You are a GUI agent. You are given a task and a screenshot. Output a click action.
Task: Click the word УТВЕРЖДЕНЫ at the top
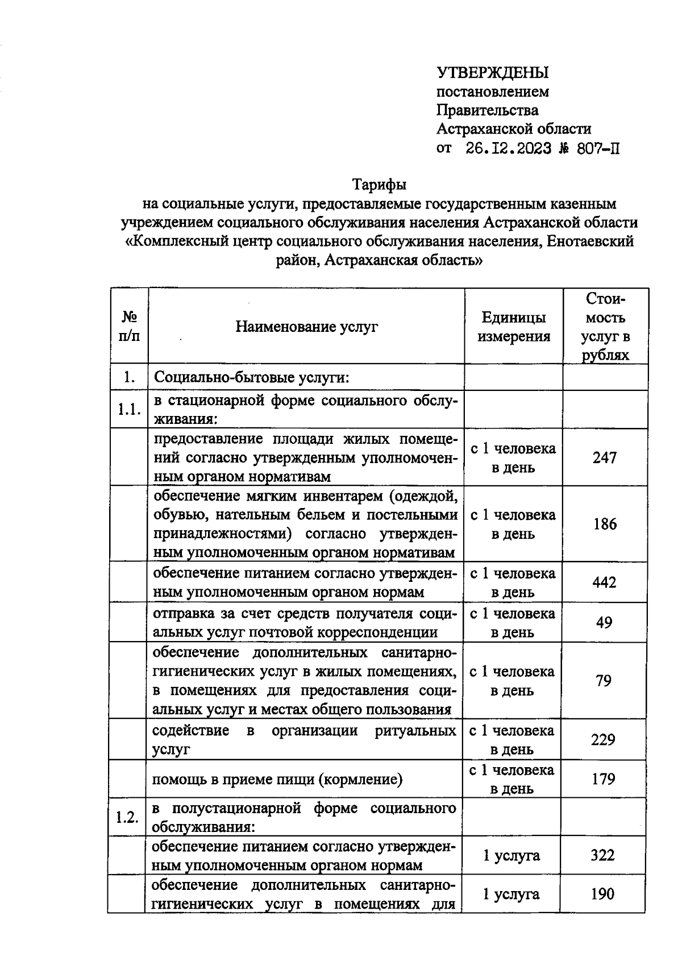492,73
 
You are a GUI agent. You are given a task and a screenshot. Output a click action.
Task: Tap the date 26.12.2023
508,149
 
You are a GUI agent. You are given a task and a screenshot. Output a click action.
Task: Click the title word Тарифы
379,185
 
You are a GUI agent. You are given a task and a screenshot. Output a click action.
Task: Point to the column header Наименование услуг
306,327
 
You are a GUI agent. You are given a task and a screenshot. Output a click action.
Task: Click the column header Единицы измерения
513,327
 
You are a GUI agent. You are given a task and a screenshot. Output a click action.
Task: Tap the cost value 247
604,457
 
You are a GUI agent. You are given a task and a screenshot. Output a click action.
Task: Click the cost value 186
604,524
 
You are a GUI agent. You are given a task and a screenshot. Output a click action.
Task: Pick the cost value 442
604,582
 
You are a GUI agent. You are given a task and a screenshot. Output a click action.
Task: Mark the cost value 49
604,623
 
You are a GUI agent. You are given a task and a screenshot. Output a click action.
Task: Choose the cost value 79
604,681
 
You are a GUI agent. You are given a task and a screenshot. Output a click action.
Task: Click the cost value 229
603,739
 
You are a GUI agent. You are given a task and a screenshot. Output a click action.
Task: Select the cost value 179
603,779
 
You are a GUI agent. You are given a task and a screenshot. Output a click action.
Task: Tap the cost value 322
602,855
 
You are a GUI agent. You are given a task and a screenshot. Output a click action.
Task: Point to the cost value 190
602,894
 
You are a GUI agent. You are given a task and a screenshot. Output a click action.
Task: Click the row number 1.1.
128,409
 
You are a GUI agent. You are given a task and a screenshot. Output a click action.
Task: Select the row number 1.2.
127,817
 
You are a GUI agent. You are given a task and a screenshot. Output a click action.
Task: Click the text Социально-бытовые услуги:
251,377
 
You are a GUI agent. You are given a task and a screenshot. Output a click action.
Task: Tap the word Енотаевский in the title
592,242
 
